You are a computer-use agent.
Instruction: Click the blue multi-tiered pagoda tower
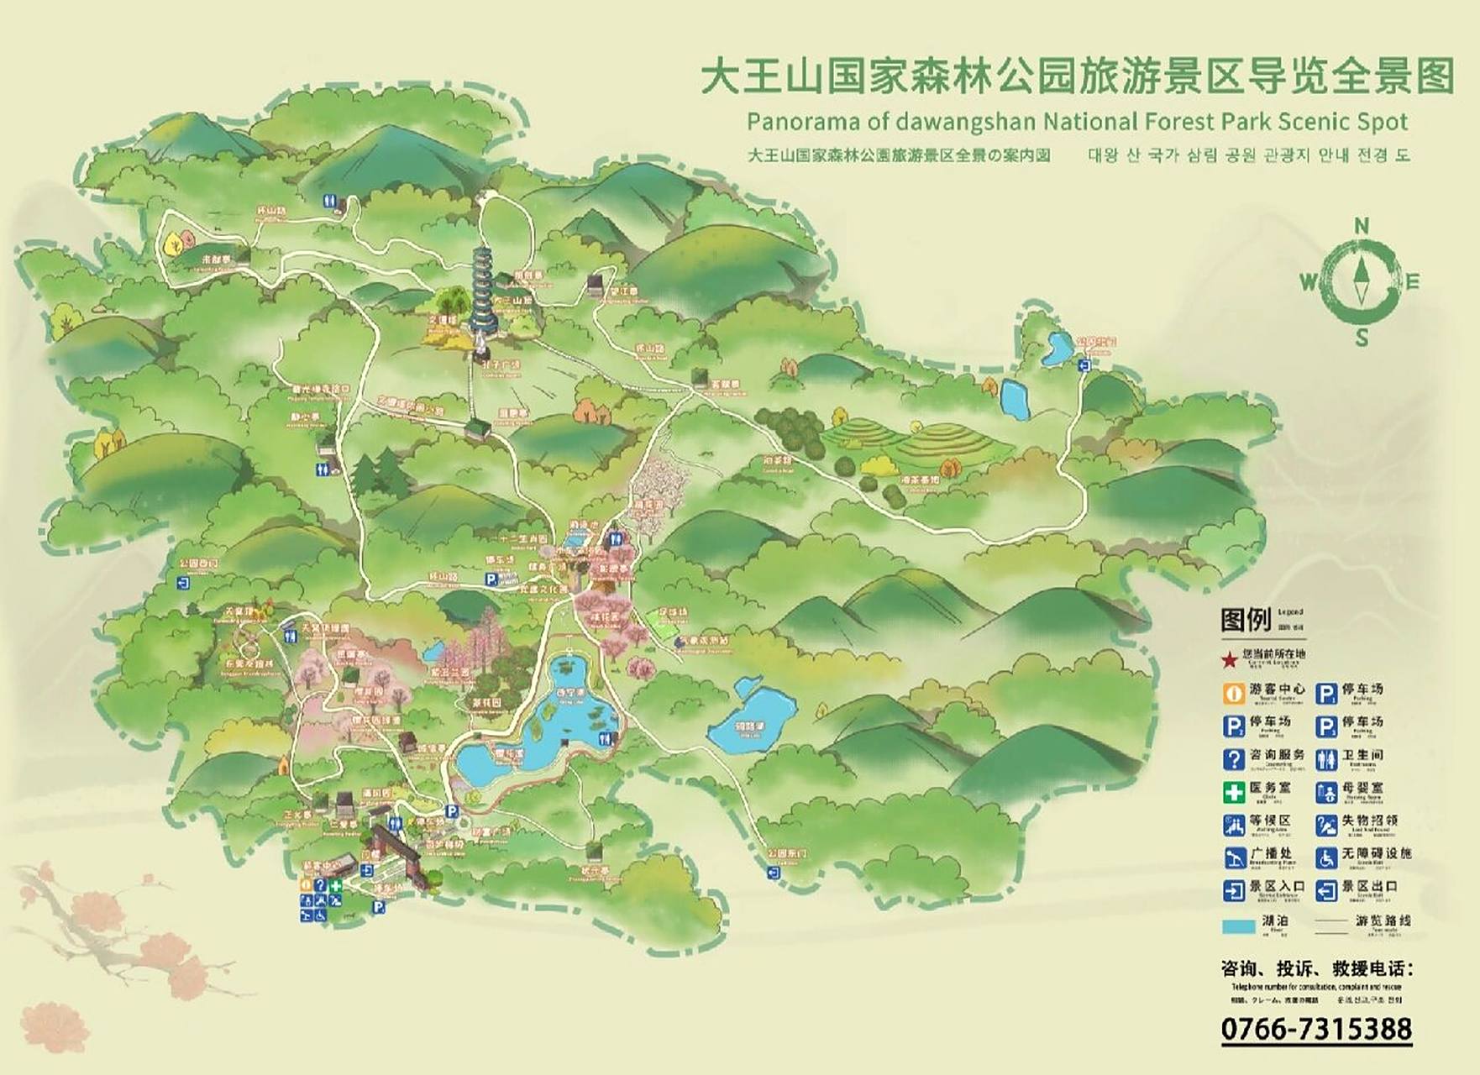coord(484,295)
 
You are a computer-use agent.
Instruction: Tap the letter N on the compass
coord(1362,225)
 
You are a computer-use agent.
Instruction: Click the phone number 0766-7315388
coord(1316,1029)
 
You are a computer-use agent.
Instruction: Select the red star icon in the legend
coord(1230,660)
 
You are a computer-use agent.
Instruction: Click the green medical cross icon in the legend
coord(1233,791)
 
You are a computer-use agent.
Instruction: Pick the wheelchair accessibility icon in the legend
coord(1326,857)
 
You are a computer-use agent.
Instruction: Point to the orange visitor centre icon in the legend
coord(1233,693)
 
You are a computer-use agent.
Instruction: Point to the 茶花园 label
coord(485,702)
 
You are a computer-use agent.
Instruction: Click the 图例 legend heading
coord(1246,621)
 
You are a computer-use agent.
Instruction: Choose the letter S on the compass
coord(1362,338)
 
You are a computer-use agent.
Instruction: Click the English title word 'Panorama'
coord(802,122)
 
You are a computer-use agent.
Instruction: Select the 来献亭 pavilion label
coord(216,260)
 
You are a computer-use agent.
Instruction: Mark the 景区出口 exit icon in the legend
coord(1326,890)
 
